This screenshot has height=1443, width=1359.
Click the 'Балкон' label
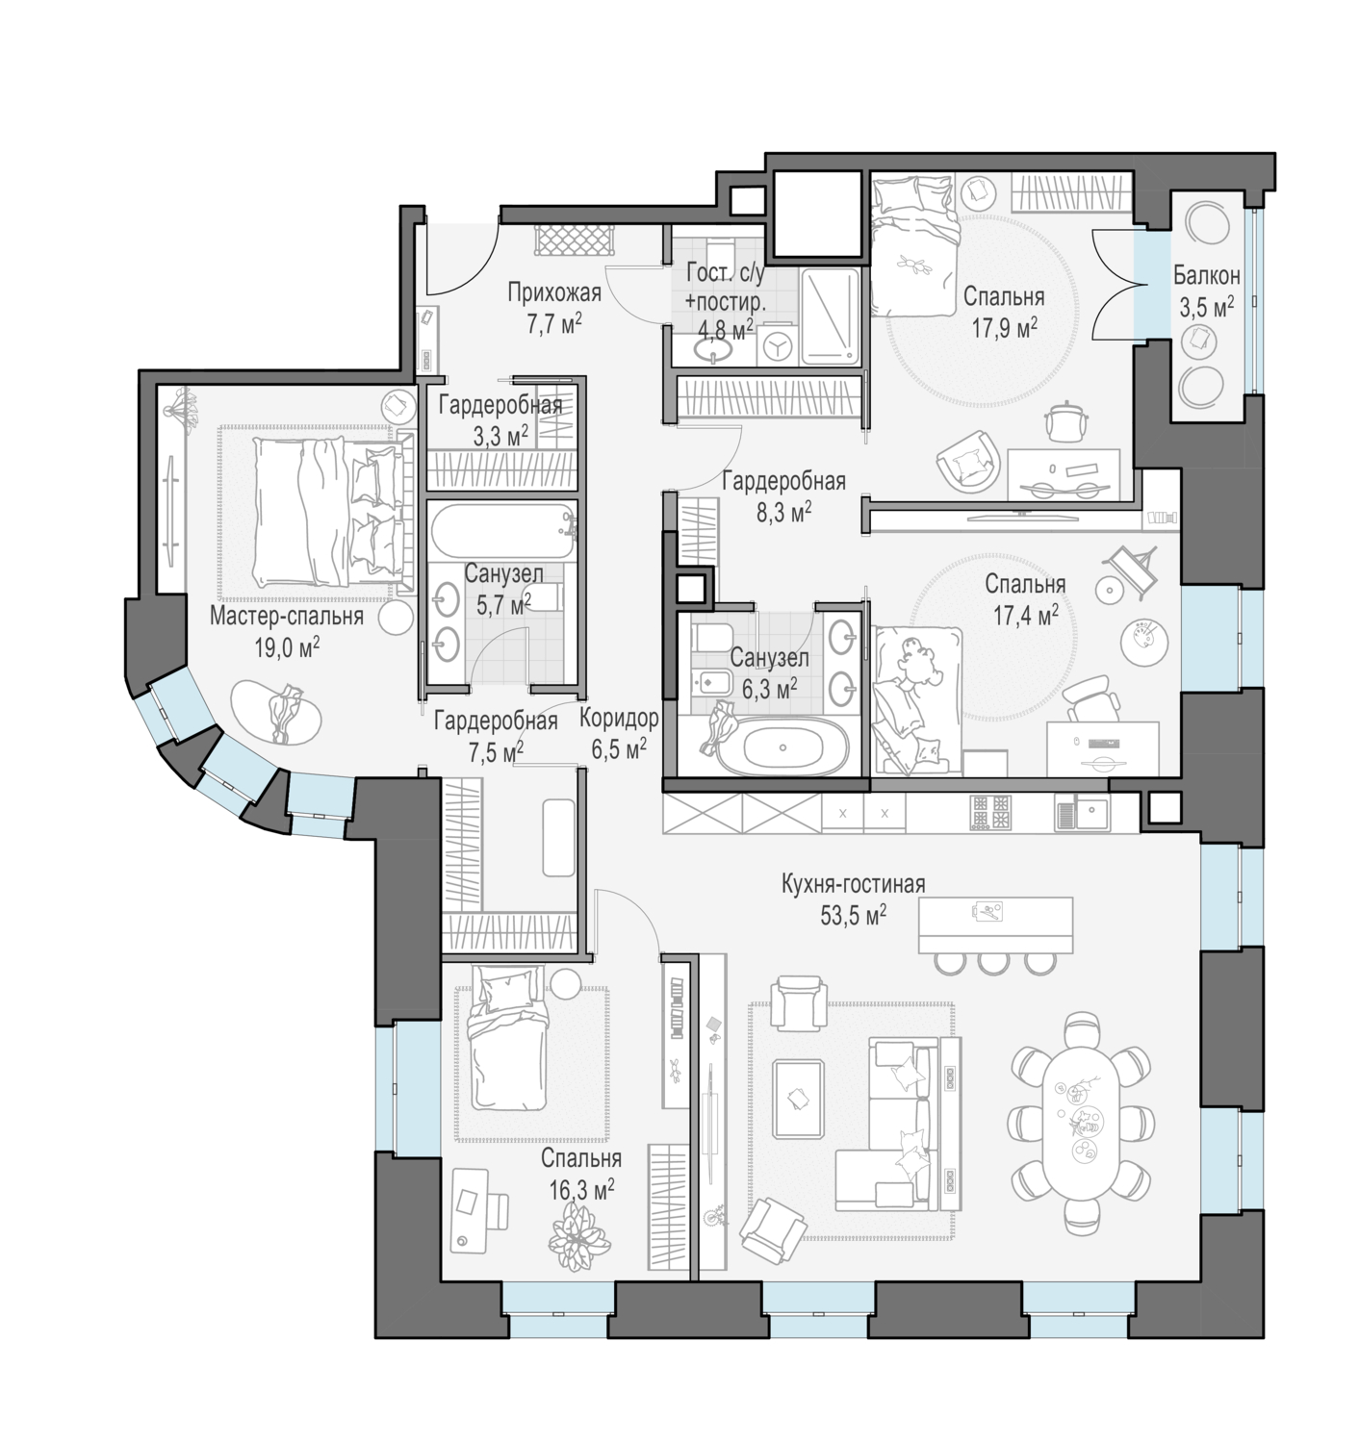(x=1205, y=276)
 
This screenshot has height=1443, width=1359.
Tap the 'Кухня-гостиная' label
(x=853, y=884)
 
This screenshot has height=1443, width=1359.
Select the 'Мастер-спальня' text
(x=287, y=616)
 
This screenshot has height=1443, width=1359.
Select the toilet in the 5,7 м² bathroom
(x=541, y=599)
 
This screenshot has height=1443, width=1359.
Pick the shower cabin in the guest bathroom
(x=829, y=316)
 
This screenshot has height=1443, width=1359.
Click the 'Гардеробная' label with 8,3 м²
(x=782, y=480)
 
